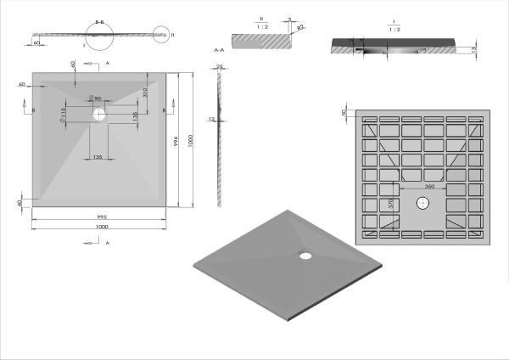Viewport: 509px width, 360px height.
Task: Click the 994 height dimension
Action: click(x=175, y=143)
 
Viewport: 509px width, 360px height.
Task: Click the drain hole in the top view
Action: click(x=100, y=111)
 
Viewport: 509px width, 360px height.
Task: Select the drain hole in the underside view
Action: click(x=422, y=203)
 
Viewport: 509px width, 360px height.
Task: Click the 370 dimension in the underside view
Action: click(x=392, y=205)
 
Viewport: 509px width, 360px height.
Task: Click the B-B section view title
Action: click(x=99, y=22)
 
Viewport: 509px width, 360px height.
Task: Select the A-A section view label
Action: click(x=218, y=51)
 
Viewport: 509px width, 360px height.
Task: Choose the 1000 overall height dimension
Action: click(x=192, y=140)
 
